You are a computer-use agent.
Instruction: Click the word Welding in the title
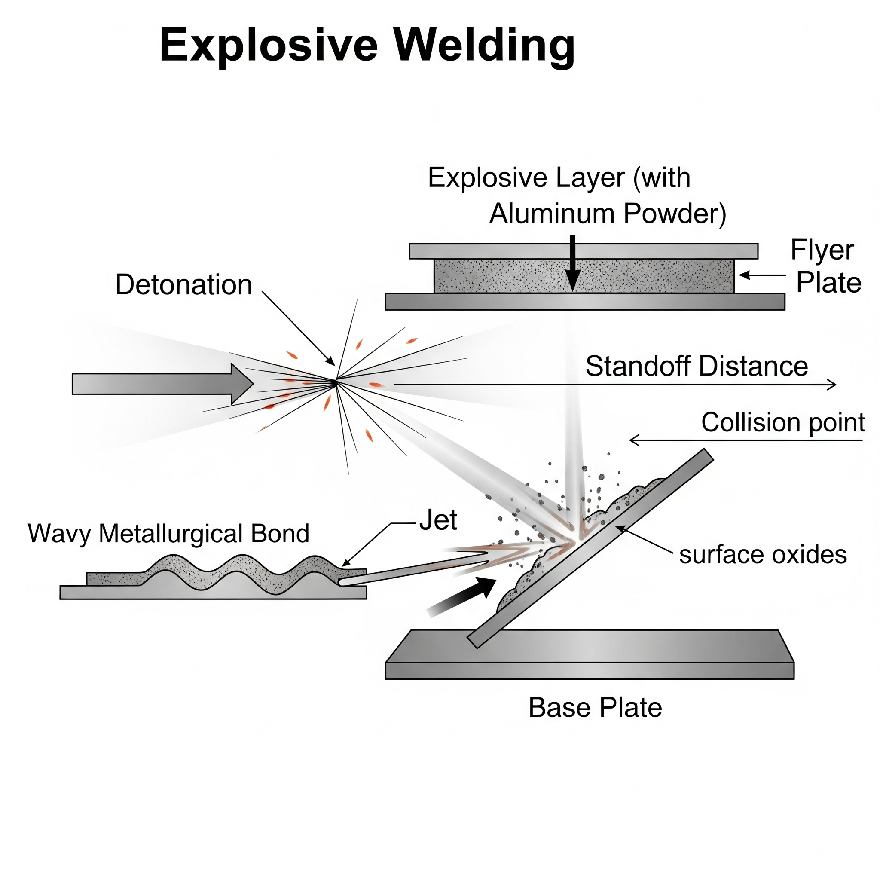484,46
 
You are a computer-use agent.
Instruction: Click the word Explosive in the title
269,46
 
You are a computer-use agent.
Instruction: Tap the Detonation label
183,285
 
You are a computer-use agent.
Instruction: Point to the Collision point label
782,422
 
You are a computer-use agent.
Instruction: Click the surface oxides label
763,555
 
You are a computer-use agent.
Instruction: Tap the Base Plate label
595,707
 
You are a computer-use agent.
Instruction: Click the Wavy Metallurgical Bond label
168,533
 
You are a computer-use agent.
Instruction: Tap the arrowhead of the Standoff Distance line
833,385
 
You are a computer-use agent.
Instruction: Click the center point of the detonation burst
336,382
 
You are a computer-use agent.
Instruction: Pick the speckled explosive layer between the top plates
501,276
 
